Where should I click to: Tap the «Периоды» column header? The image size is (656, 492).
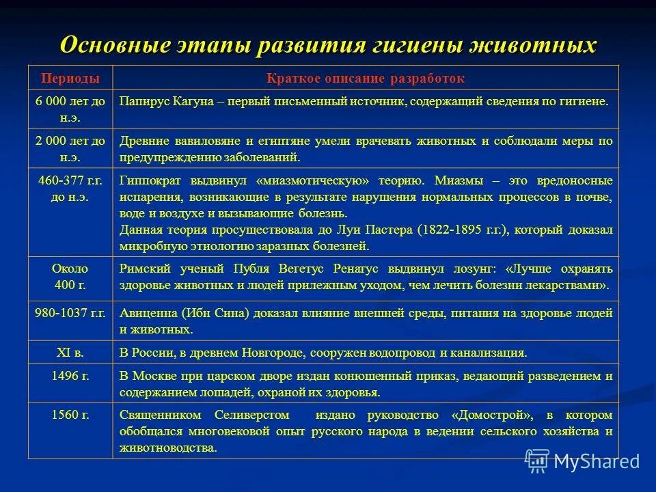pyautogui.click(x=70, y=78)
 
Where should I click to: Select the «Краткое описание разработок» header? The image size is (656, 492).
pyautogui.click(x=366, y=78)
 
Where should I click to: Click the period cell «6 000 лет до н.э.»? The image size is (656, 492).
pyautogui.click(x=70, y=109)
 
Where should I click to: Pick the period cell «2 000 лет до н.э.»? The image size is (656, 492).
pyautogui.click(x=70, y=148)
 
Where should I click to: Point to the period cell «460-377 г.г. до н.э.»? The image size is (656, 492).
pyautogui.click(x=70, y=188)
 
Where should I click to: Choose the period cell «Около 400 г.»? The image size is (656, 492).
pyautogui.click(x=70, y=277)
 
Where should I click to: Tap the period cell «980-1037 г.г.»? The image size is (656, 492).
pyautogui.click(x=70, y=314)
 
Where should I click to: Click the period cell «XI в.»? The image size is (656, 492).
pyautogui.click(x=70, y=353)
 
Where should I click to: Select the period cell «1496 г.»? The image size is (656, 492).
pyautogui.click(x=70, y=375)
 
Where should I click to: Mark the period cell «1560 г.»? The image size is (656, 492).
pyautogui.click(x=70, y=415)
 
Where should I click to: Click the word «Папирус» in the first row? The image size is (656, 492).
pyautogui.click(x=142, y=101)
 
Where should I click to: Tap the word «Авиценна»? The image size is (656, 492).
pyautogui.click(x=148, y=314)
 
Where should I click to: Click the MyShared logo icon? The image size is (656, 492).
pyautogui.click(x=537, y=462)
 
